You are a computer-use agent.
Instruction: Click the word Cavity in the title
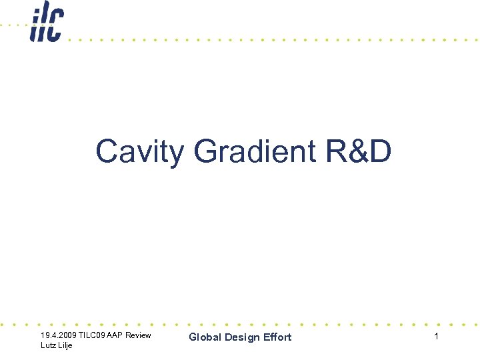pos(139,152)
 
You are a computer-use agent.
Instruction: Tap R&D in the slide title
pos(359,152)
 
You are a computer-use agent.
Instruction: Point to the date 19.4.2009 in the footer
pos(59,335)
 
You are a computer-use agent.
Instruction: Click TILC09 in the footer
pos(94,335)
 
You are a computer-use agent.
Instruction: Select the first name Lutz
pos(48,345)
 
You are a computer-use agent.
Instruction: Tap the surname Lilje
pos(65,345)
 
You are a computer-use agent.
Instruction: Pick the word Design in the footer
pos(242,337)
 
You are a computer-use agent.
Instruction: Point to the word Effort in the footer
pos(277,337)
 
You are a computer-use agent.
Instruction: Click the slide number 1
pos(436,337)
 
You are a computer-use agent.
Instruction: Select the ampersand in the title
pos(359,152)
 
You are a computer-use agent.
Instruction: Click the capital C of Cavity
pos(107,152)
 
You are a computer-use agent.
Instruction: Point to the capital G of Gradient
pos(205,152)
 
